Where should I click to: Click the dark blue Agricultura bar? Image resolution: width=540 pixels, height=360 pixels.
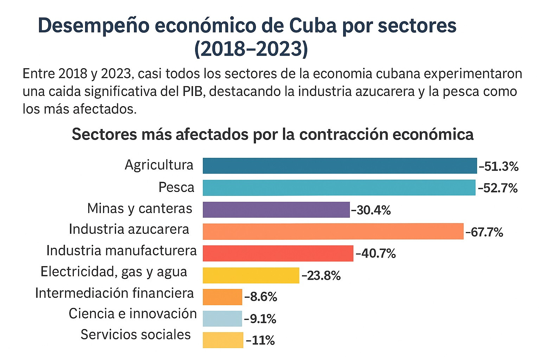(340, 166)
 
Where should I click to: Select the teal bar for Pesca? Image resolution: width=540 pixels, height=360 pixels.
(339, 187)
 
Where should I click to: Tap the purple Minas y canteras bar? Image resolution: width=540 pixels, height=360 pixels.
(276, 210)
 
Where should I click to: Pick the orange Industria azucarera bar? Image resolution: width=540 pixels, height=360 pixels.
(333, 231)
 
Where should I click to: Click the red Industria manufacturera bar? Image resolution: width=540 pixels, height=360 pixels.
(278, 253)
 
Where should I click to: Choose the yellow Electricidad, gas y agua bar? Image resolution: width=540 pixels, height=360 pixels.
(251, 275)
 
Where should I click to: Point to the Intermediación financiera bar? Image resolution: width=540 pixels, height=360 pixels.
(222, 297)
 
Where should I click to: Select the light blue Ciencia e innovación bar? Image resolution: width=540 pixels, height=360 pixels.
(222, 319)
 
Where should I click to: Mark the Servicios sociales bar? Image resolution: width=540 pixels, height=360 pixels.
(223, 340)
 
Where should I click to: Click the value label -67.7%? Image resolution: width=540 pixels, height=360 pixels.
(484, 232)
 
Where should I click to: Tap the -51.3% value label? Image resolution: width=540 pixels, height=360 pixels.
(499, 166)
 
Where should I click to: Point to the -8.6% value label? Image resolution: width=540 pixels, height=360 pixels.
(261, 297)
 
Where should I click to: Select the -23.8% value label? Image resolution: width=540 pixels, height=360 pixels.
(321, 276)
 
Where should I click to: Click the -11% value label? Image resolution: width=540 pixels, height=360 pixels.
(261, 340)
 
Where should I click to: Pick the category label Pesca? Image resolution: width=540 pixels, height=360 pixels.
(176, 187)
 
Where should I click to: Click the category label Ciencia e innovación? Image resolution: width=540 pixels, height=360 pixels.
(133, 314)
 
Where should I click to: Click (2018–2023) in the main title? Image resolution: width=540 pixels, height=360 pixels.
(251, 49)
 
